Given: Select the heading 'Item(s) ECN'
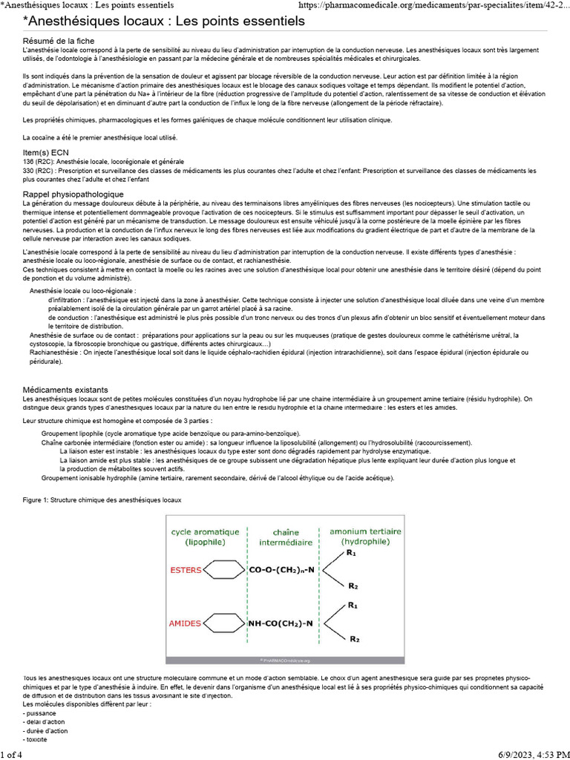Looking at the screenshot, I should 48,152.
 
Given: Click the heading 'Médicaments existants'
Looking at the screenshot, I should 65,390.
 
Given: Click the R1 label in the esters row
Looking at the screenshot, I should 351,553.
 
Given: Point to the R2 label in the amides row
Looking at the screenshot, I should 354,639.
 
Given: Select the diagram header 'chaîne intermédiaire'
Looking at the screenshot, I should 286,537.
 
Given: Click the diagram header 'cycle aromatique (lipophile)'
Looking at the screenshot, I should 205,537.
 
